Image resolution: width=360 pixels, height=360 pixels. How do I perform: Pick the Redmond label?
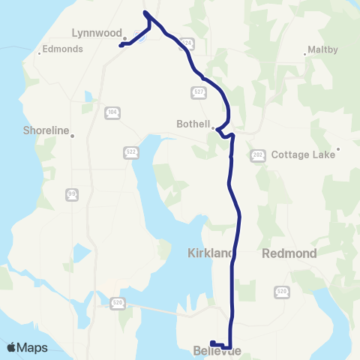coord(289,253)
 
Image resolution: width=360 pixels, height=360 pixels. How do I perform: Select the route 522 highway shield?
coord(130,152)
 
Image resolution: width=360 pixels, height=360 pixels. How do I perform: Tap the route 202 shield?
coord(256,154)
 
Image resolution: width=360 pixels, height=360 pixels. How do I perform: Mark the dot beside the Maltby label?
coord(306,53)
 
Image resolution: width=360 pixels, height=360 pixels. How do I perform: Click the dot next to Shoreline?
coord(73,135)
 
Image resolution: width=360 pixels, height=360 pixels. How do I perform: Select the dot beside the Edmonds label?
coord(39,52)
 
